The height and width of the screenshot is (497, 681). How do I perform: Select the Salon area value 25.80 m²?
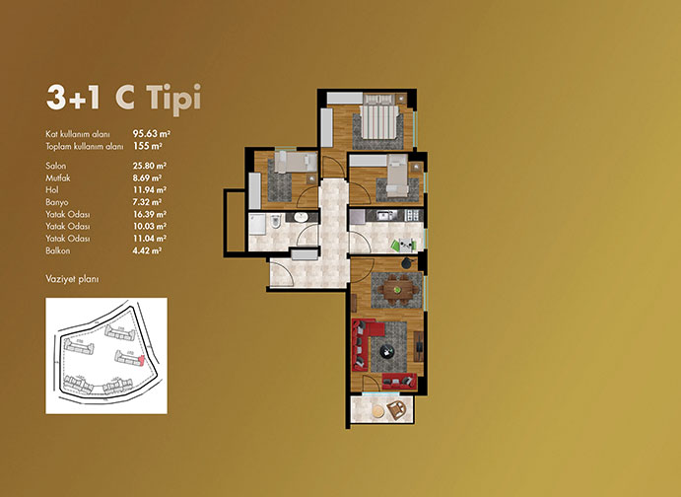pos(150,166)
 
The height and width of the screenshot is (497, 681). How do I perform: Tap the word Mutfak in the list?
pos(58,177)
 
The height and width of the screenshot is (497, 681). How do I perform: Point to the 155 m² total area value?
pos(148,146)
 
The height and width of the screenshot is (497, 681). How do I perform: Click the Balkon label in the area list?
pos(58,250)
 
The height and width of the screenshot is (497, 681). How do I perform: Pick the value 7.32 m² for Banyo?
pos(147,202)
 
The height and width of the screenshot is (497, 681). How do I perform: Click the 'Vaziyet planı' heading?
pos(72,279)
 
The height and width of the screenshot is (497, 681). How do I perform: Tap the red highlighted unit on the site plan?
pos(140,361)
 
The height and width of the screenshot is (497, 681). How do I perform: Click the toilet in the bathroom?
pos(275,222)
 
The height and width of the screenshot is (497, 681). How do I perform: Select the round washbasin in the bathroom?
pos(301,217)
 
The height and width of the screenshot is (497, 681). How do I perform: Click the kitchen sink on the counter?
pos(386,215)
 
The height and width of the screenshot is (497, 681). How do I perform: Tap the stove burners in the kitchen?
pos(412,215)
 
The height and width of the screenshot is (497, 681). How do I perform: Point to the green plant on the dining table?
pos(396,289)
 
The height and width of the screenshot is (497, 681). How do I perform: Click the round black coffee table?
pos(386,351)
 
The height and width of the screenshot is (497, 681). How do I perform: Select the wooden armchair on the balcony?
pos(396,409)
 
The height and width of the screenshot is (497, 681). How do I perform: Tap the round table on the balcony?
pos(378,411)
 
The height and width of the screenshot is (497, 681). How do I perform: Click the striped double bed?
pos(378,116)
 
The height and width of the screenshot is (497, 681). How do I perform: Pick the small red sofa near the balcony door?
pos(399,381)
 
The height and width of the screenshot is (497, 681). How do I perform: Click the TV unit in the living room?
pos(418,346)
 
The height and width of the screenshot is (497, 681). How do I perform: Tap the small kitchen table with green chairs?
pos(405,245)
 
